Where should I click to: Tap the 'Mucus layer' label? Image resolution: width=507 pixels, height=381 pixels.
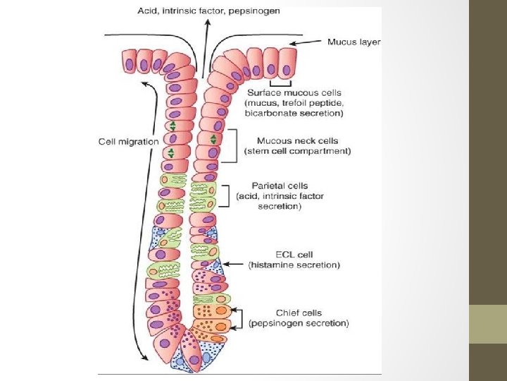[354, 42]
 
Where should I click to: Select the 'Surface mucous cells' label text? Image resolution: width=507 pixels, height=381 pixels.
[294, 92]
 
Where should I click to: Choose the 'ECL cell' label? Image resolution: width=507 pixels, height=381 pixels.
[295, 254]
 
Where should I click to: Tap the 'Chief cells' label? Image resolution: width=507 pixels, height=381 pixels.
[299, 313]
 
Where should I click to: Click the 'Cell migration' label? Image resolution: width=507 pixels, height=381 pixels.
[128, 141]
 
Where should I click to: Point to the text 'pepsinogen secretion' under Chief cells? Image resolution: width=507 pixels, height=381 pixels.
[299, 323]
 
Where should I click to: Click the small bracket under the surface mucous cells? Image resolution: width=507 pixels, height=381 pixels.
[279, 83]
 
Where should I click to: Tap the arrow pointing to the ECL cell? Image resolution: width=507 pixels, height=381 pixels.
[232, 260]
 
